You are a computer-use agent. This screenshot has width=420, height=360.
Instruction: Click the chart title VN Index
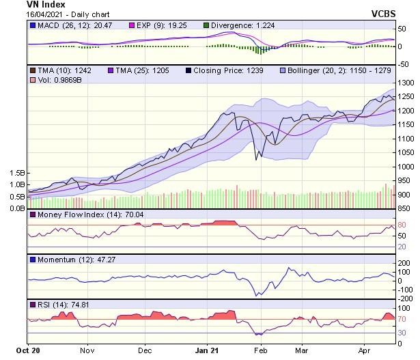pyautogui.click(x=46, y=5)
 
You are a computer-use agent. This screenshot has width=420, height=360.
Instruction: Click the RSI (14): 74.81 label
pyautogui.click(x=64, y=304)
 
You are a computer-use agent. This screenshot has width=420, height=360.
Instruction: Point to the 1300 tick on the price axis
pyautogui.click(x=407, y=83)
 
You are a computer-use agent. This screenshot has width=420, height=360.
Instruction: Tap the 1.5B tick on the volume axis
pyautogui.click(x=17, y=174)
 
